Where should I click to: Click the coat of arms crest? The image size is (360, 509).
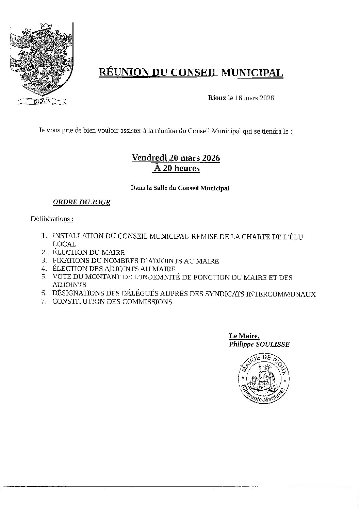41,59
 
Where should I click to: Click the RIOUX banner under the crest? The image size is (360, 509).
42,101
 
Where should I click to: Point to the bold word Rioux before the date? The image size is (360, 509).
217,98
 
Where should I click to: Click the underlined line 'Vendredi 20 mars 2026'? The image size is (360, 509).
176,158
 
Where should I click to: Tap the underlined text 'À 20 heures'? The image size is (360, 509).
176,168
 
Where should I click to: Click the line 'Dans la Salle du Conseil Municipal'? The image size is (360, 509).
180,188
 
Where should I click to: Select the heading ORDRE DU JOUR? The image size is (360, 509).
82,202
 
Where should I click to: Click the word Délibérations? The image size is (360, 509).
50,219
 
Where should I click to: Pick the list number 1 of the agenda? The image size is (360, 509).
44,236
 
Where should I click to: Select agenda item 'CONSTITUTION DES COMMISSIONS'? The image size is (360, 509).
112,302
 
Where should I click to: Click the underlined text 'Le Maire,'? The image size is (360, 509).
244,336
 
